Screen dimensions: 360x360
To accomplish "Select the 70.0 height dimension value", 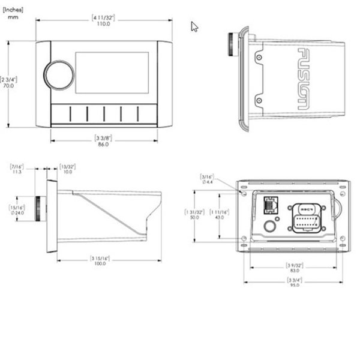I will point(9,86).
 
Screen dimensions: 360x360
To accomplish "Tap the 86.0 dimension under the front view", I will point(104,145).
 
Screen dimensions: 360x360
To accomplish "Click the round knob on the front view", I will point(59,75).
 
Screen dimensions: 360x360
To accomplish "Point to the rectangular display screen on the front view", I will point(112,72).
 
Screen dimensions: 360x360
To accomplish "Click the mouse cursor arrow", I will point(194,26).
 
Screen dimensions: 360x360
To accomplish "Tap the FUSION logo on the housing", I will point(304,78).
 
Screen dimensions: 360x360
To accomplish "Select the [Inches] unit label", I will point(12,9).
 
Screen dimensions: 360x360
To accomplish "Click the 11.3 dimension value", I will point(17,172).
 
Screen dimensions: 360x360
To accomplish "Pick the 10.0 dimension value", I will point(67,172).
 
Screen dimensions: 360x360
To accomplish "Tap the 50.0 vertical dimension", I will point(194,217).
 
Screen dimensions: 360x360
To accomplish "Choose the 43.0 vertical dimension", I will point(220,217).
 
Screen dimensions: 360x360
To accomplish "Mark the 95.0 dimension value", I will point(293,285).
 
